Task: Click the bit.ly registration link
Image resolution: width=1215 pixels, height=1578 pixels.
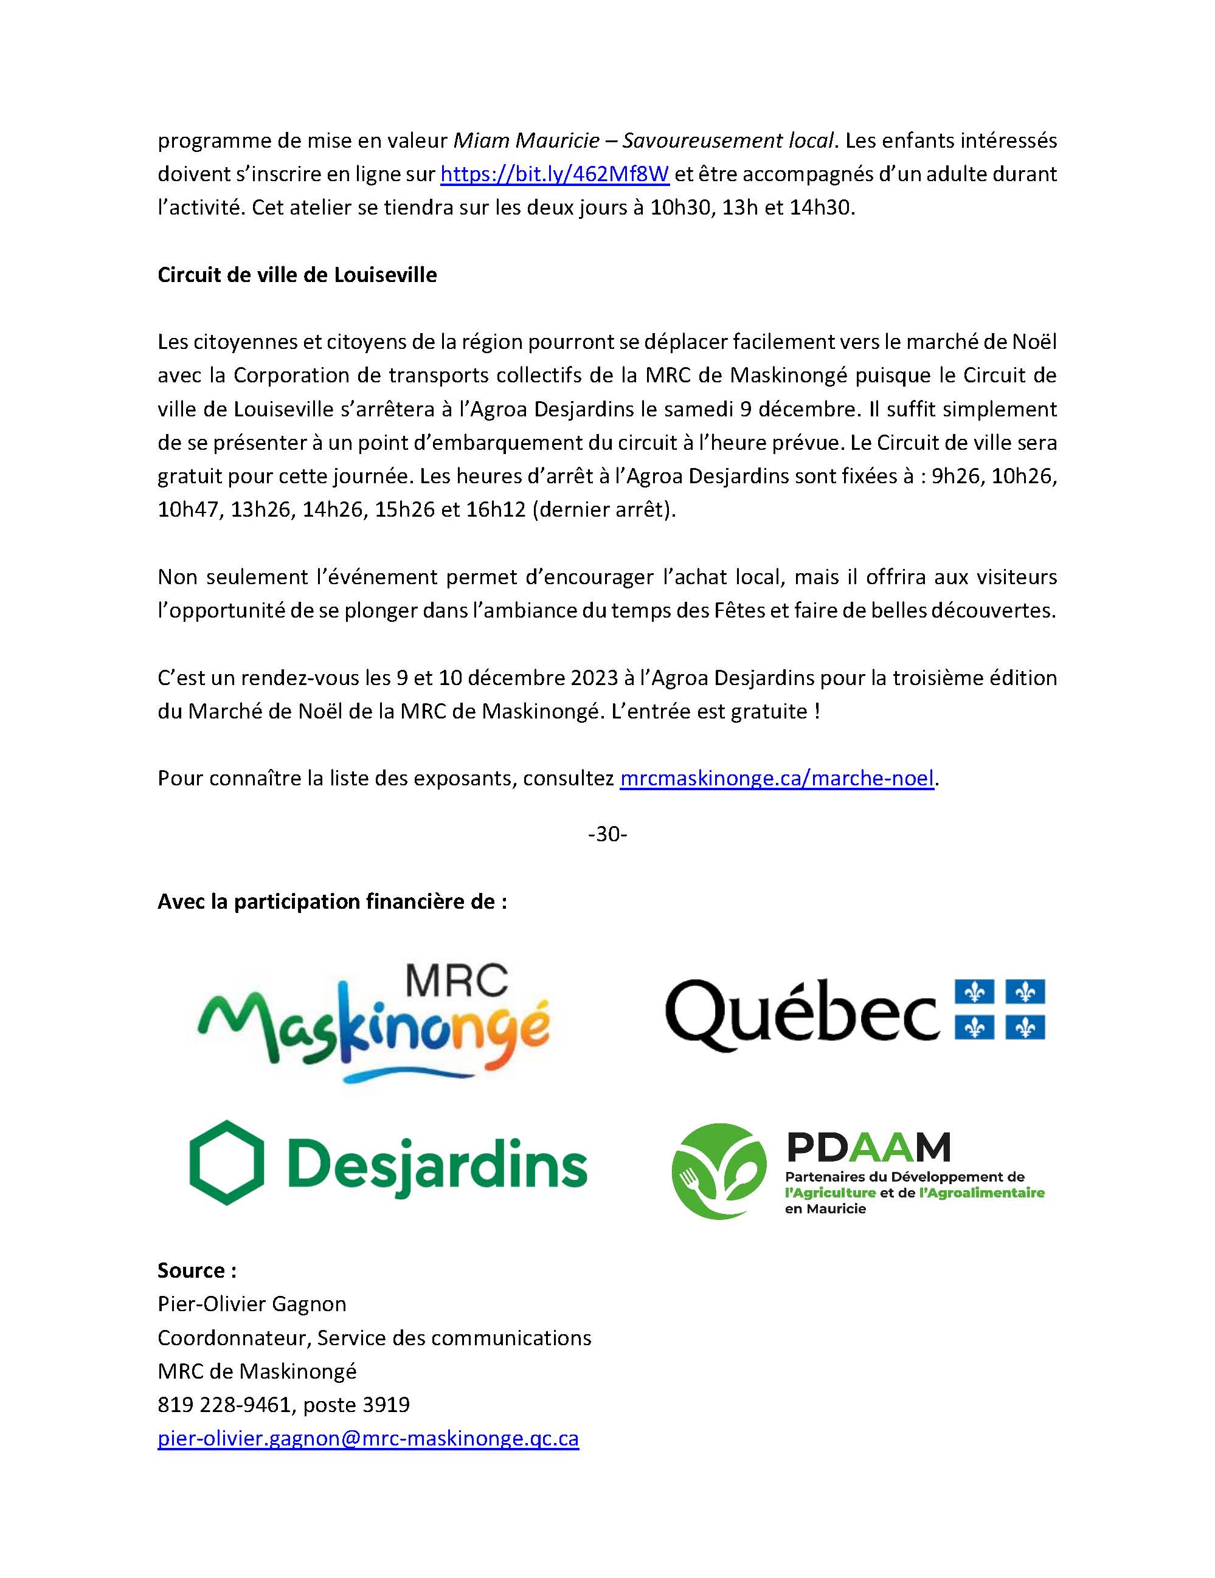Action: click(x=555, y=174)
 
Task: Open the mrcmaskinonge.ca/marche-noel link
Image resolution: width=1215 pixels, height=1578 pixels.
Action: click(x=777, y=778)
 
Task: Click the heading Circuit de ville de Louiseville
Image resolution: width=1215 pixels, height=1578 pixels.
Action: click(x=297, y=275)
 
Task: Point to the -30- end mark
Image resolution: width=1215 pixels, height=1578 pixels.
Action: click(x=607, y=835)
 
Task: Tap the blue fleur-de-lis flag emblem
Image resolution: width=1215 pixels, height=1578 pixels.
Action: click(x=1000, y=1010)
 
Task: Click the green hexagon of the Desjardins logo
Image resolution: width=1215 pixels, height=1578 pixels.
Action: click(x=226, y=1163)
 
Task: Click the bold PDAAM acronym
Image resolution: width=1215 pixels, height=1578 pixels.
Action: click(x=867, y=1146)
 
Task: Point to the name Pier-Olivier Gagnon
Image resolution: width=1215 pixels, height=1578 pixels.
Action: click(x=252, y=1304)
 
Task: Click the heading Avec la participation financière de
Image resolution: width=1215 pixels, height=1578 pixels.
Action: click(x=332, y=901)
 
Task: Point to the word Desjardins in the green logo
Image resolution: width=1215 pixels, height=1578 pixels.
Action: click(x=437, y=1166)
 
